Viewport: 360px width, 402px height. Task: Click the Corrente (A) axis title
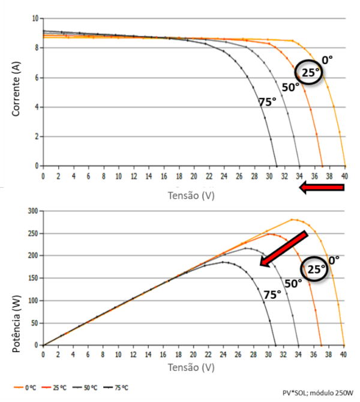tap(17, 89)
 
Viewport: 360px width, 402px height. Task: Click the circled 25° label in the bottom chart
tap(316, 269)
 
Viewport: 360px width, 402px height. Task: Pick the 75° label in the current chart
tap(267, 102)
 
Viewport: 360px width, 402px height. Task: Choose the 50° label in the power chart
tap(293, 283)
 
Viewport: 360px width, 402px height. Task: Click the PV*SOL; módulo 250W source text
tap(318, 392)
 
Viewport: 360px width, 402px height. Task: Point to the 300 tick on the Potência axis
tap(34, 211)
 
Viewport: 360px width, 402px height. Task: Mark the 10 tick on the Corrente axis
tap(35, 19)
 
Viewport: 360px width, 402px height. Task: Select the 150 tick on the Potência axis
tap(34, 278)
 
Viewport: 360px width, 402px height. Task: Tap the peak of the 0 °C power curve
tap(292, 220)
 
